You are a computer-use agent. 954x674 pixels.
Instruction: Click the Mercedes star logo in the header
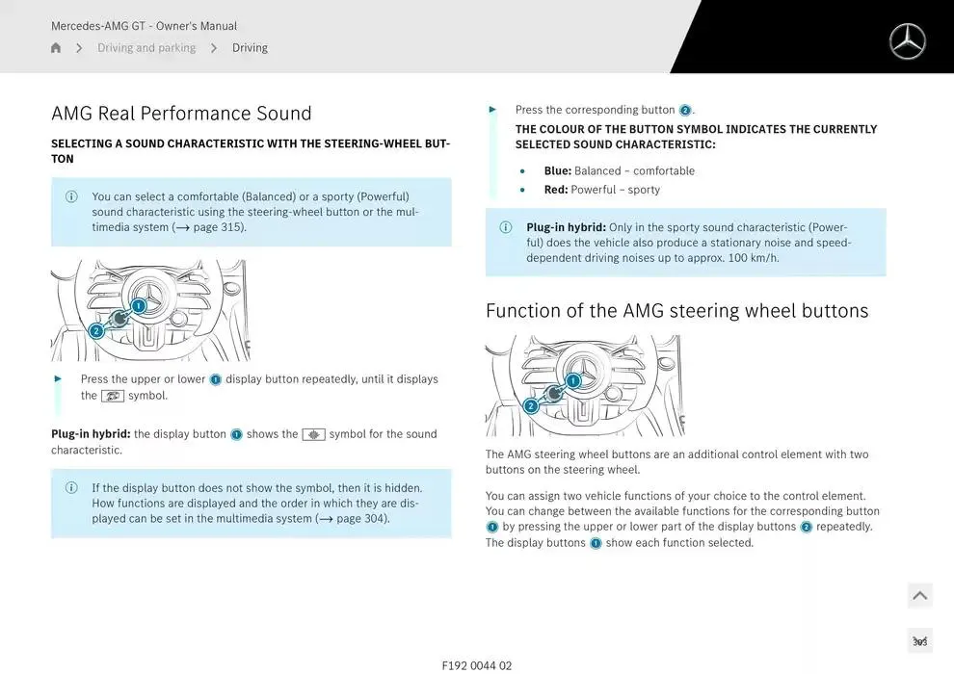(x=907, y=41)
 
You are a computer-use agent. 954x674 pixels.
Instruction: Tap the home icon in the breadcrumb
(x=56, y=48)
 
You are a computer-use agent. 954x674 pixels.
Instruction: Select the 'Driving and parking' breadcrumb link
(x=146, y=48)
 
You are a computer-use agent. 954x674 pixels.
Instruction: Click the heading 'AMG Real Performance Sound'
(x=181, y=114)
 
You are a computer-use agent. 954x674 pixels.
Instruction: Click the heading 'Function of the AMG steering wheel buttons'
(x=676, y=311)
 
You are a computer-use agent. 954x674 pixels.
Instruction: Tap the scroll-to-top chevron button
(x=919, y=596)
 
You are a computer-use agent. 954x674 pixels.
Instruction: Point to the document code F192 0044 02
(x=477, y=665)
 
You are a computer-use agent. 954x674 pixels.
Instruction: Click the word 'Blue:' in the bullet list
(x=557, y=171)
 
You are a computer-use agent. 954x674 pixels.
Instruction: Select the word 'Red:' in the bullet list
(x=556, y=190)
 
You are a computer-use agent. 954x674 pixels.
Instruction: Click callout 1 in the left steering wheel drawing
(x=139, y=306)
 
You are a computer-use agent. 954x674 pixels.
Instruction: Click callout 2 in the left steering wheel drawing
(x=96, y=331)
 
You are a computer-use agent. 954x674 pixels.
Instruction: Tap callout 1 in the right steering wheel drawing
(x=573, y=381)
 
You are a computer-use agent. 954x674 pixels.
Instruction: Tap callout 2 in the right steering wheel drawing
(x=531, y=406)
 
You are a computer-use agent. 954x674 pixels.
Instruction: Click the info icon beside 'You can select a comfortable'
(x=71, y=197)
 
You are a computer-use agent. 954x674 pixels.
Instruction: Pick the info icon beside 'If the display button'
(x=71, y=488)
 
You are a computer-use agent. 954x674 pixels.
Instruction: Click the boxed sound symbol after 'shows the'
(x=313, y=434)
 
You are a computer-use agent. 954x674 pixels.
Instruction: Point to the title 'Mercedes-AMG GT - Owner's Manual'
(x=144, y=26)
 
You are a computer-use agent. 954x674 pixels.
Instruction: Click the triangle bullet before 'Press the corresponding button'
(x=493, y=110)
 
